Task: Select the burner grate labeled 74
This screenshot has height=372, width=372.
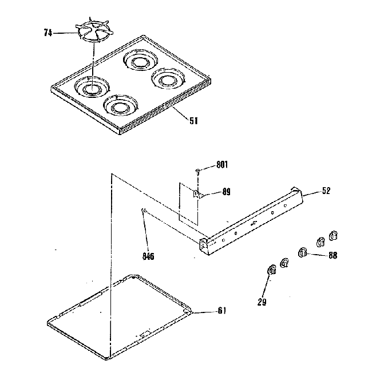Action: pos(92,33)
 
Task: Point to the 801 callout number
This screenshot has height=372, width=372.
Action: pos(222,165)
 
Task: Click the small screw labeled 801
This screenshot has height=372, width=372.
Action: pos(198,170)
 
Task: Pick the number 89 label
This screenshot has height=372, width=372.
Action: pos(225,192)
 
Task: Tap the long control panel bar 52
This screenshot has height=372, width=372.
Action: pos(252,221)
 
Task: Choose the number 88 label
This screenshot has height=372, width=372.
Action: pos(331,256)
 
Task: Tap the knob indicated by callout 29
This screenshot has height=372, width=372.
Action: pos(270,270)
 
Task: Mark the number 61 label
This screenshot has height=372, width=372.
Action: pos(221,311)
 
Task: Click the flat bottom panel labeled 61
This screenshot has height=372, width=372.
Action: pos(120,315)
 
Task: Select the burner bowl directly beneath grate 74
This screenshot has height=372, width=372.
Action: pos(89,88)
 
